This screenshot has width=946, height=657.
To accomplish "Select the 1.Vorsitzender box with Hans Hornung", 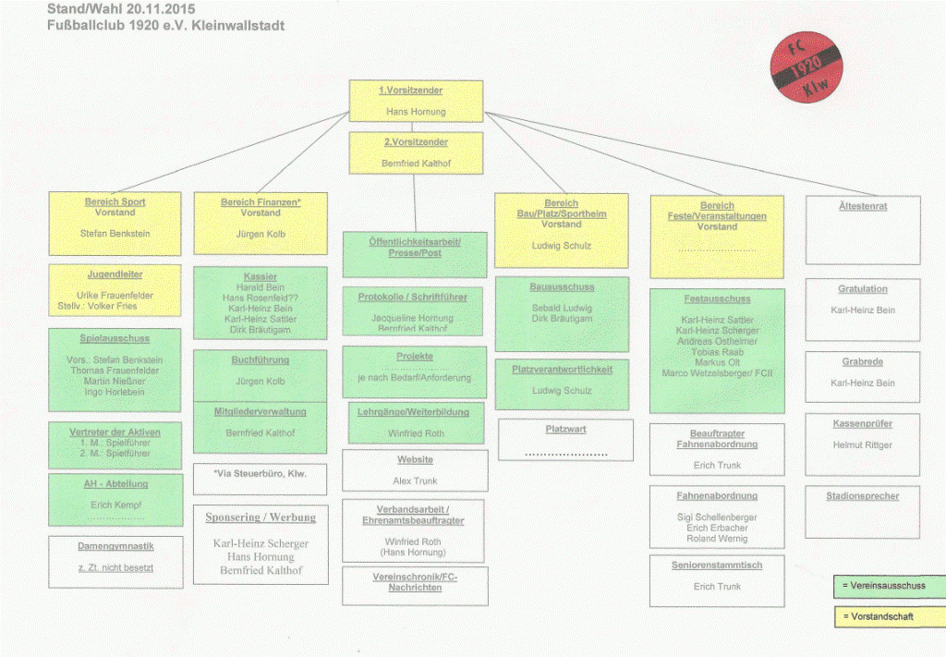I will (416, 101).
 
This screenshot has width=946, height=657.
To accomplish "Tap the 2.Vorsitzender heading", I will (416, 142).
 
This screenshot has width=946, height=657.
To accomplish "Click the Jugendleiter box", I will (115, 290).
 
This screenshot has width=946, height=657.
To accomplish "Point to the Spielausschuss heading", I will (115, 338).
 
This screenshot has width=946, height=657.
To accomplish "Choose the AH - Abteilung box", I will (115, 500).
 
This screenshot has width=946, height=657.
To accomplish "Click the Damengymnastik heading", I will (115, 546).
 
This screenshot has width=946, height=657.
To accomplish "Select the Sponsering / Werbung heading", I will (261, 517).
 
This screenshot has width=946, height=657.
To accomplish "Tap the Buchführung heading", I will (260, 359).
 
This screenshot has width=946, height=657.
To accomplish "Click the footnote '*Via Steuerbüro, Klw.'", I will (260, 474).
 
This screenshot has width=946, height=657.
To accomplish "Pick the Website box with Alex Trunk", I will (415, 470).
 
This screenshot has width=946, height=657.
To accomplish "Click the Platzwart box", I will (565, 440).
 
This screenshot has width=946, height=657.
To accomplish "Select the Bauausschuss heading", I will (561, 287).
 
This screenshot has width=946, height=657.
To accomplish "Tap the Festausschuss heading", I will (717, 298).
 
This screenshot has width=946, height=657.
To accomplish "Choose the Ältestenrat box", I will (862, 230).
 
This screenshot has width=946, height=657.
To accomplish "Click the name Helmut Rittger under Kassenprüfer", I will (862, 444).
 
